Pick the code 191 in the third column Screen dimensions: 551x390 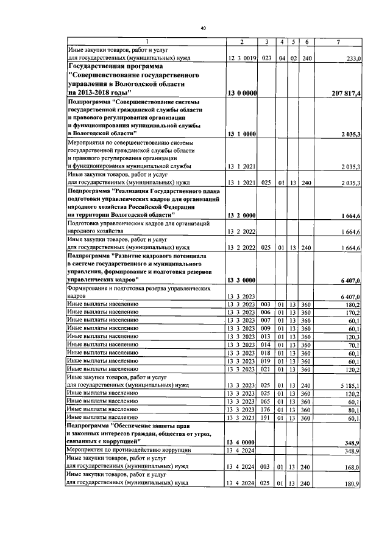(265, 418)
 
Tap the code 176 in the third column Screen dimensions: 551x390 (265, 410)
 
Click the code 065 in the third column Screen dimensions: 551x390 (265, 402)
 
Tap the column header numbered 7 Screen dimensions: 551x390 (338, 41)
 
